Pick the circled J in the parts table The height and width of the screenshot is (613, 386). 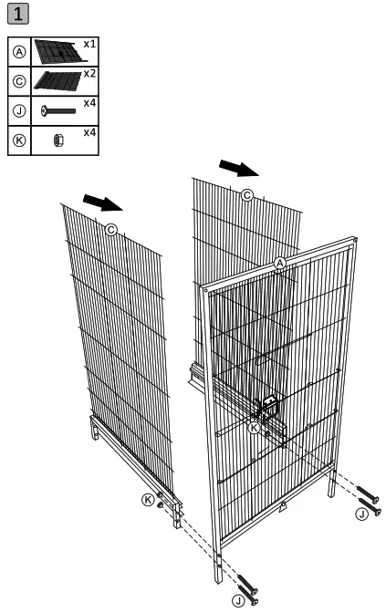(18, 110)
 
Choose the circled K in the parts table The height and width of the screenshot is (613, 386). (18, 140)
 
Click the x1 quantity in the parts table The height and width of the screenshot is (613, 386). (89, 44)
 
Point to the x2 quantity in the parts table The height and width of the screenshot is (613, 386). (89, 73)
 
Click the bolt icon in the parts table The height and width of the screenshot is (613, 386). (57, 110)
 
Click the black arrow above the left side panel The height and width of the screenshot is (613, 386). (101, 201)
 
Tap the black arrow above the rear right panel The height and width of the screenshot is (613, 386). (240, 169)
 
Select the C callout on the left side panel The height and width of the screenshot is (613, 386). (111, 229)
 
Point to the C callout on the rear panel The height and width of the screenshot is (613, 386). (246, 194)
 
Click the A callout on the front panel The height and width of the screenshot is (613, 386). (281, 263)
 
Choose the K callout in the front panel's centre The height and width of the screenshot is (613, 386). (255, 427)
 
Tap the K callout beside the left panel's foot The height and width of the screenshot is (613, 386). (148, 499)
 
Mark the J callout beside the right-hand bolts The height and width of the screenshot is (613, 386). (362, 514)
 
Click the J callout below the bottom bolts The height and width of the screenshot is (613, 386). (238, 599)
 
